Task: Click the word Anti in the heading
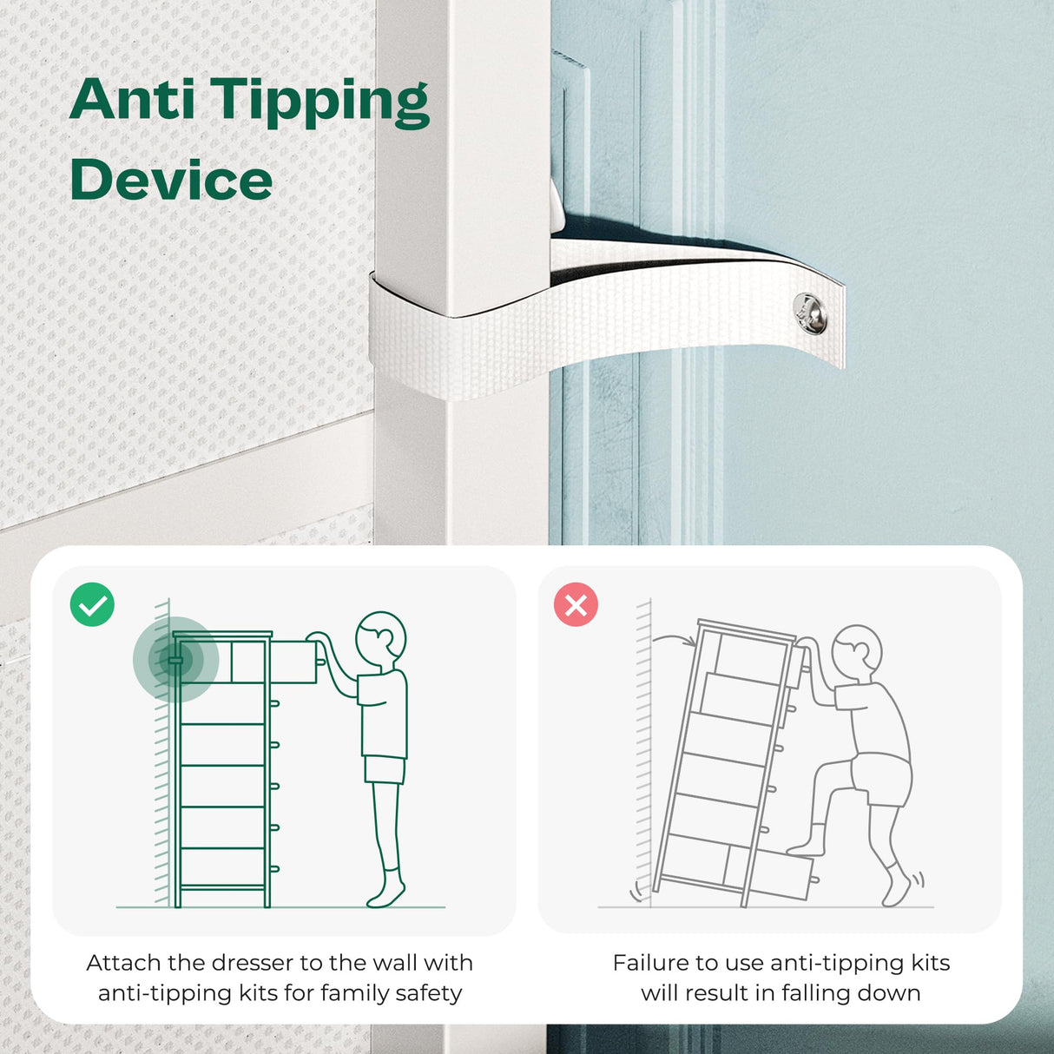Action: point(132,100)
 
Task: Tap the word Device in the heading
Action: point(171,179)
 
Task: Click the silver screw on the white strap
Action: point(810,313)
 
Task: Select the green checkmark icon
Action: point(92,604)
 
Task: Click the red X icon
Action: point(576,604)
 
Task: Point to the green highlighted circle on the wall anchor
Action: point(175,660)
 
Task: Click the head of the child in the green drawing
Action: point(380,638)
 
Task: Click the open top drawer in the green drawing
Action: point(293,662)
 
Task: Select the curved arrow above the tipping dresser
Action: point(675,640)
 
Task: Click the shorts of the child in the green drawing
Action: point(385,769)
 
